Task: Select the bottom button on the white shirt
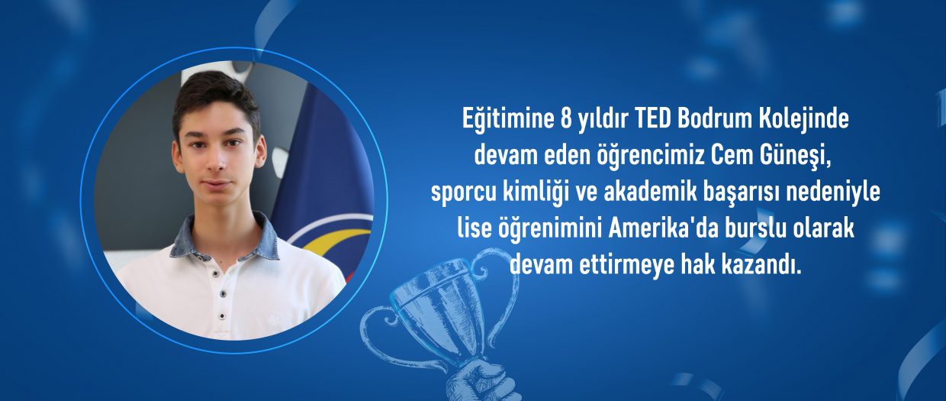pos(221,315)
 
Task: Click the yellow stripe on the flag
pos(338,239)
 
